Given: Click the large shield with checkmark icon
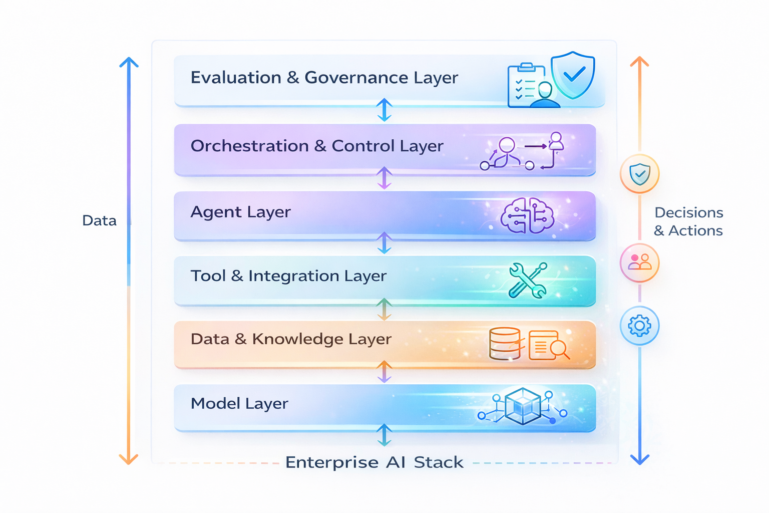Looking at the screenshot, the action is pyautogui.click(x=573, y=75).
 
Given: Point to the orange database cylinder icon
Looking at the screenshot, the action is pyautogui.click(x=505, y=343).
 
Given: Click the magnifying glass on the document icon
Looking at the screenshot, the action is pyautogui.click(x=559, y=349).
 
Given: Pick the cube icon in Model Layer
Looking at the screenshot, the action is pyautogui.click(x=523, y=406).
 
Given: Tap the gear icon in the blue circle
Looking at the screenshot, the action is pyautogui.click(x=639, y=326).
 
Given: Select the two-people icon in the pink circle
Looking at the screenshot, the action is pyautogui.click(x=639, y=262).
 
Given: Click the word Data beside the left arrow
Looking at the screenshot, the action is pyautogui.click(x=100, y=220).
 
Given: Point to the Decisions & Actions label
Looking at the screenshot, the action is pyautogui.click(x=689, y=221).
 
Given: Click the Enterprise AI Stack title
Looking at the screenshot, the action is pyautogui.click(x=374, y=462).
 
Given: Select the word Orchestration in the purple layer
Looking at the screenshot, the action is pyautogui.click(x=250, y=146).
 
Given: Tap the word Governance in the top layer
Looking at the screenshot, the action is pyautogui.click(x=356, y=77).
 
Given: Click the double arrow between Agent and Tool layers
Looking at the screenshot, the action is pyautogui.click(x=384, y=243).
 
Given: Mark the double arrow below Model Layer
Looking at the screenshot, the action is pyautogui.click(x=384, y=435).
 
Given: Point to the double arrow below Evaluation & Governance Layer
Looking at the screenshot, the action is pyautogui.click(x=384, y=110).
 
